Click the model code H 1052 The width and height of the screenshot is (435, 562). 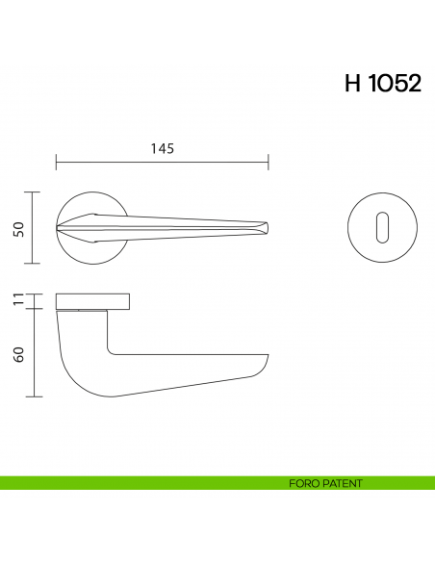(382, 84)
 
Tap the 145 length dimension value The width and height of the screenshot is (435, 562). (163, 148)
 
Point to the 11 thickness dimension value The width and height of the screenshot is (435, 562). (18, 301)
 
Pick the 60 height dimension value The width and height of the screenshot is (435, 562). (18, 353)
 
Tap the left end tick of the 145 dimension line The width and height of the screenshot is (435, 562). (57, 163)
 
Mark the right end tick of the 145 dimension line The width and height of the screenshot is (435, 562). (269, 163)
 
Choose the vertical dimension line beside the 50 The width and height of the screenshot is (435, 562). (36, 228)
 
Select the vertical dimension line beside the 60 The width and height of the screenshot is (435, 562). (36, 353)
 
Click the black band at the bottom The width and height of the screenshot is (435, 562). (217, 529)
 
